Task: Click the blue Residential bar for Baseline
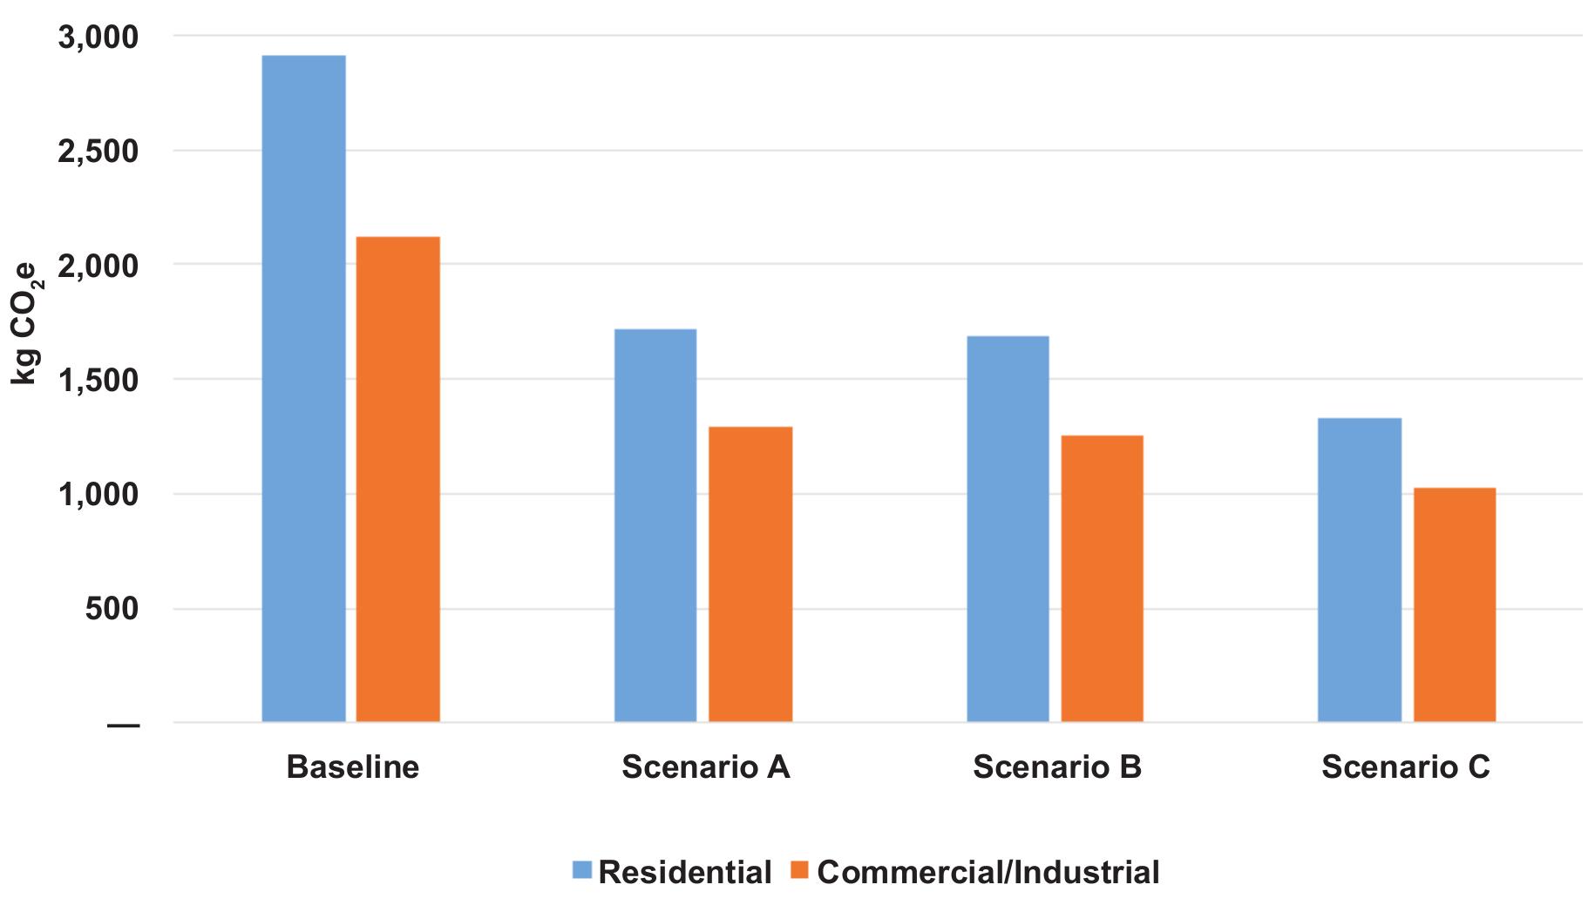pyautogui.click(x=303, y=388)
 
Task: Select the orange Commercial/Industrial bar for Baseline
pyautogui.click(x=397, y=479)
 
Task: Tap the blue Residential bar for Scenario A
pyautogui.click(x=655, y=525)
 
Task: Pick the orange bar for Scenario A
pyautogui.click(x=750, y=574)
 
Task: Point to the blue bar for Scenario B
pyautogui.click(x=1008, y=529)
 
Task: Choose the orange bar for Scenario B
pyautogui.click(x=1102, y=578)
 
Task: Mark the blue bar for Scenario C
pyautogui.click(x=1360, y=570)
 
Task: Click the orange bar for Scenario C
pyautogui.click(x=1455, y=604)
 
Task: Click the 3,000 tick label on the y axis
pyautogui.click(x=98, y=37)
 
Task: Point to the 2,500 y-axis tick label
pyautogui.click(x=98, y=151)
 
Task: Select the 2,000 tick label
pyautogui.click(x=98, y=265)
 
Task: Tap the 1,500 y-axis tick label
pyautogui.click(x=98, y=380)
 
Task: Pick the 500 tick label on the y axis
pyautogui.click(x=112, y=608)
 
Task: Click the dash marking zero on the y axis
pyautogui.click(x=123, y=724)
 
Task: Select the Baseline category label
pyautogui.click(x=352, y=767)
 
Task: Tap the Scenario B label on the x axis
pyautogui.click(x=1056, y=767)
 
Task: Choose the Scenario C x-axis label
pyautogui.click(x=1405, y=767)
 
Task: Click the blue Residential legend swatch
pyautogui.click(x=581, y=870)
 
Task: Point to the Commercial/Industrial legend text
pyautogui.click(x=988, y=871)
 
